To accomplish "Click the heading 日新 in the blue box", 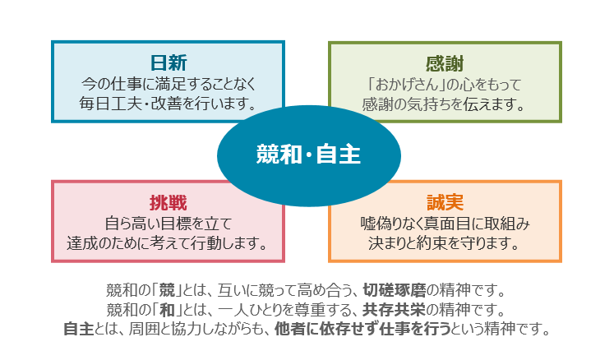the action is [x=169, y=63].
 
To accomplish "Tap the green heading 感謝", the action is [x=445, y=64].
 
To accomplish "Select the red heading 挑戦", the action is [x=169, y=203].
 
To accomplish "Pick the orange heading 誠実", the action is [x=445, y=202].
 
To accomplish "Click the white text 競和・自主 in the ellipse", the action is [x=308, y=155].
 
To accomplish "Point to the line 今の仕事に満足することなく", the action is [x=169, y=84].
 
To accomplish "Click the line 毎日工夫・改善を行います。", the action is [x=169, y=104].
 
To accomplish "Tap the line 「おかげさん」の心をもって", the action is [x=445, y=85].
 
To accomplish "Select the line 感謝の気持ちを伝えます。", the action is [x=444, y=104].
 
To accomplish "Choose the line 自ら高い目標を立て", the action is [x=169, y=224].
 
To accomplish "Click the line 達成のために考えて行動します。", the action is [x=168, y=243].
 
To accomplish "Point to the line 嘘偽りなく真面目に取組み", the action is [x=445, y=224].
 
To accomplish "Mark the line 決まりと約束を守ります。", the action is [x=444, y=243].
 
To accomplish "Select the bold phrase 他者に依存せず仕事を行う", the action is [x=362, y=329].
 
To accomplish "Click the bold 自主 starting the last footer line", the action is [x=79, y=329].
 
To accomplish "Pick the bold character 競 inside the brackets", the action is [x=167, y=291].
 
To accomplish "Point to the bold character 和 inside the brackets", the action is [x=167, y=310].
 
